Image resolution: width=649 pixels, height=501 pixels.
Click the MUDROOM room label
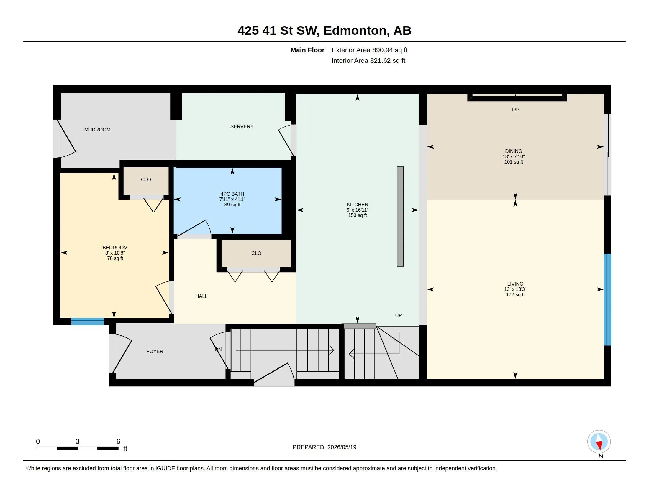97,130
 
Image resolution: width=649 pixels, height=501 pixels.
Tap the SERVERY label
242,126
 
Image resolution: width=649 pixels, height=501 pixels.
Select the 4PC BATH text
232,194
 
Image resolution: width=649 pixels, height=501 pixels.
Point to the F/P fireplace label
515,110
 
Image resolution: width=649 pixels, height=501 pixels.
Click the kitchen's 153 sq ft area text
358,215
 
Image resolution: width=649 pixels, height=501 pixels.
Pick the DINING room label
514,151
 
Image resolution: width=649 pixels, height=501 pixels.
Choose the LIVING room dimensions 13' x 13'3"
515,289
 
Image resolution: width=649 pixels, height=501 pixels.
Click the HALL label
201,296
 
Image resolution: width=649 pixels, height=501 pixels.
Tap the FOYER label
155,351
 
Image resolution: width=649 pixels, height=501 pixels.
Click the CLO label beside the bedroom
146,179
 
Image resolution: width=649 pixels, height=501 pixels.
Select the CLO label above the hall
256,253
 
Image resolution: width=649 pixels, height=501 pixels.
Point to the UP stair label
399,316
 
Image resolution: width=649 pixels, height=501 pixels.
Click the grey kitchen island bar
400,216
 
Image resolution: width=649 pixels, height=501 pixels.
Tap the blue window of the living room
608,299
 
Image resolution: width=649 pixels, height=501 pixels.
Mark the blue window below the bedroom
87,322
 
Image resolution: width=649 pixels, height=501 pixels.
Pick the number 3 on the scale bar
78,441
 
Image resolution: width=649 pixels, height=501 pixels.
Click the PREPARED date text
324,447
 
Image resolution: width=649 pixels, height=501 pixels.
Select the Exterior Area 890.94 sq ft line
369,50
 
